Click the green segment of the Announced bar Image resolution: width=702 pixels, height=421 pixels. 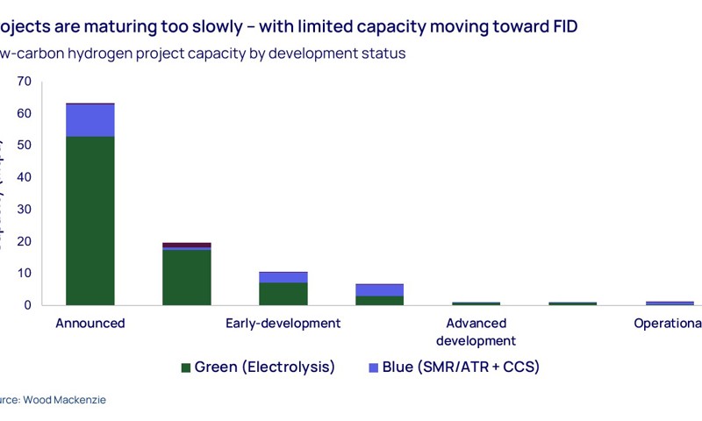click(90, 220)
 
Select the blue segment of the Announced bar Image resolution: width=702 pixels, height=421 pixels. click(90, 120)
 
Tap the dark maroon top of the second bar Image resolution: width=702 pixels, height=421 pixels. click(187, 245)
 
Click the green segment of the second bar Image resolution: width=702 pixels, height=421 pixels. click(187, 277)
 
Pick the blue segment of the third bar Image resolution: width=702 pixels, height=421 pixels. click(283, 277)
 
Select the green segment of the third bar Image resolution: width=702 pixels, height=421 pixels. click(283, 294)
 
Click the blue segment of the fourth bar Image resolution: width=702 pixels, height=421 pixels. click(379, 289)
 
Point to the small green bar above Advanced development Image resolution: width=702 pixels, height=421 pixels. click(476, 303)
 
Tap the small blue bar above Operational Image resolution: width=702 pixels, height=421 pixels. click(670, 303)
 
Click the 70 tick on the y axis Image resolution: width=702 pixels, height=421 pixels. click(24, 82)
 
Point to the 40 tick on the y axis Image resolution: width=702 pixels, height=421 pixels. click(24, 177)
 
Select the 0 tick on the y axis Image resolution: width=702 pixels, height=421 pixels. click(27, 305)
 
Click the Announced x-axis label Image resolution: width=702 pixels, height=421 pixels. click(90, 323)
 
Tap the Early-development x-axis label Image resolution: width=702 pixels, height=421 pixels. click(283, 323)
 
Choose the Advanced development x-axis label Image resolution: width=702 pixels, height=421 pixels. click(476, 332)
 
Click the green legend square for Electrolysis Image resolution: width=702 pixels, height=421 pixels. click(185, 367)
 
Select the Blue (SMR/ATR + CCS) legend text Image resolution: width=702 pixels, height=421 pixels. click(461, 367)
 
